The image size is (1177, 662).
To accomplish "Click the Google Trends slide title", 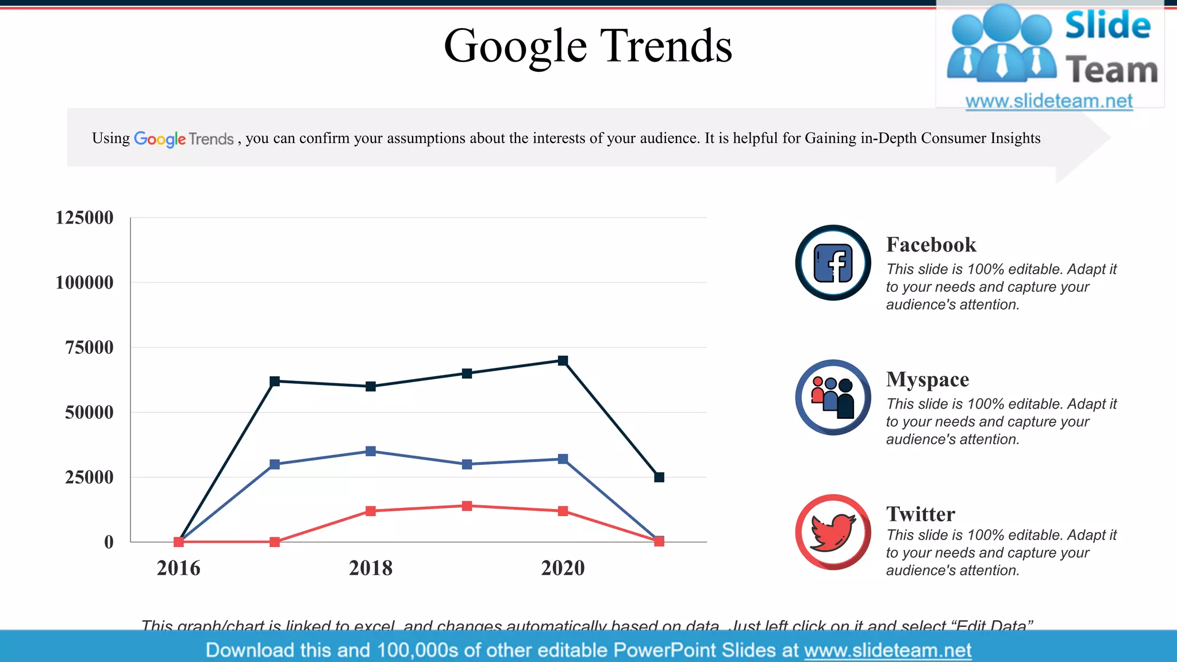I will [588, 46].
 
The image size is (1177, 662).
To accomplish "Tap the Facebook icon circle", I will [833, 263].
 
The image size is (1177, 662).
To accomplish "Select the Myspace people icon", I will [833, 397].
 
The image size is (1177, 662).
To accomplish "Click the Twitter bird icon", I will [833, 532].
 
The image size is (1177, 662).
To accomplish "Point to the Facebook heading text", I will [931, 245].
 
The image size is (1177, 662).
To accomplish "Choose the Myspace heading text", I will [928, 379].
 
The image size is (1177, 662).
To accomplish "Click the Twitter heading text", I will [921, 514].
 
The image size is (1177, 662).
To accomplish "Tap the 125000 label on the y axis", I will [84, 218].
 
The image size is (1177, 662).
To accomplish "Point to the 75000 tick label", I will [89, 348].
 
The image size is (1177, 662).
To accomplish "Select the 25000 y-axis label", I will [89, 478].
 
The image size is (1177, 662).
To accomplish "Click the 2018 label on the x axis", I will [371, 568].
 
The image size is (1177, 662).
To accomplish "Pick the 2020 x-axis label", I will [563, 568].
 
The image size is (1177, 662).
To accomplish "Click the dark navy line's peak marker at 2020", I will [563, 361].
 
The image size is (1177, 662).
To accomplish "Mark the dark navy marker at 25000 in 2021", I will [659, 478].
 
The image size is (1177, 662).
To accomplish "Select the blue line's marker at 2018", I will [371, 452].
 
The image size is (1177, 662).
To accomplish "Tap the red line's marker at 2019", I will [467, 506].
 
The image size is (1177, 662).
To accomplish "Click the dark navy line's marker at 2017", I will [275, 382].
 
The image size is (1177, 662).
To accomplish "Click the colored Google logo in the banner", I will [160, 139].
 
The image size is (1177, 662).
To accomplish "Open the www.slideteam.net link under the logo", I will [1049, 101].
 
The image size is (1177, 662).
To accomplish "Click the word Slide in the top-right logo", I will [1108, 26].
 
